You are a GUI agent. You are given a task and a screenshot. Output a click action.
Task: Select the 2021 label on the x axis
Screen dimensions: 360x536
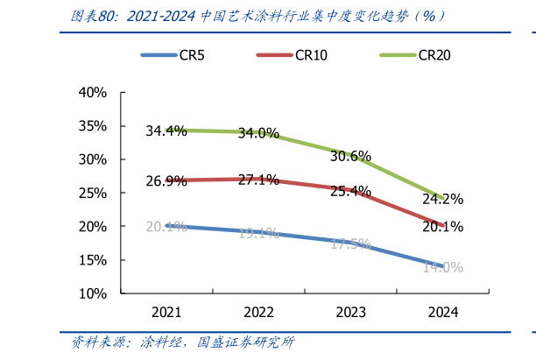point(166,312)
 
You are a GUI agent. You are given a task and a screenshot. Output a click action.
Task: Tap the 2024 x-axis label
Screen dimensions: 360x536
point(442,312)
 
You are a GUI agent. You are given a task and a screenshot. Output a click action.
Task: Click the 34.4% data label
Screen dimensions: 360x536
point(166,131)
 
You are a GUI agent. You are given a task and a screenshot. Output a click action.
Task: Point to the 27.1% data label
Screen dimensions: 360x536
point(258,180)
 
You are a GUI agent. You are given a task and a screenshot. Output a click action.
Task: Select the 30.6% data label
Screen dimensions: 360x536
point(350,157)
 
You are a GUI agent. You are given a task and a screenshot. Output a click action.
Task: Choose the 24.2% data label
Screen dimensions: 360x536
point(442,200)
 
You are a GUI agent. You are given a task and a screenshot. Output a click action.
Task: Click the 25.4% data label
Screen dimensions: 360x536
point(350,192)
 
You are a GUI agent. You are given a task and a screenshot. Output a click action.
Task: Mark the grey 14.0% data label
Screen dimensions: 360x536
point(442,268)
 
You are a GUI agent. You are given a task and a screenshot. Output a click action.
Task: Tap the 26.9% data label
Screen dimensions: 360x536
point(166,182)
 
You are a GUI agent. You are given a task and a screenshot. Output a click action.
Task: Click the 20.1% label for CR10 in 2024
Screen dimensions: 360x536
point(442,227)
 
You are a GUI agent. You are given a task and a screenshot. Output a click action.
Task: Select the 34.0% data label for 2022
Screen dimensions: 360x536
point(258,134)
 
